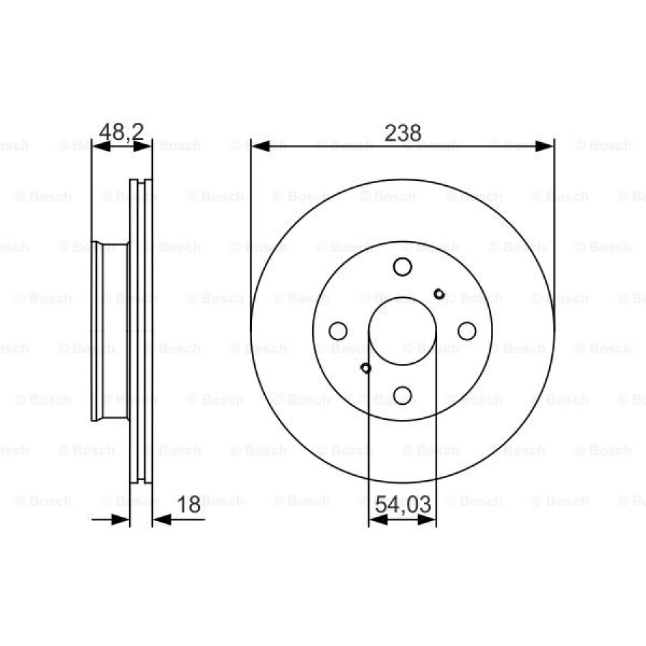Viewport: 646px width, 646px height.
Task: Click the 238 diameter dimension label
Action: pos(403,133)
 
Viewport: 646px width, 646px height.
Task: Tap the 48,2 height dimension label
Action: pos(121,132)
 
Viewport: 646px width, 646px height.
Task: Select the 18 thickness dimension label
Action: pos(189,505)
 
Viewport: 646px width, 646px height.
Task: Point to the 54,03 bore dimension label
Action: pos(403,505)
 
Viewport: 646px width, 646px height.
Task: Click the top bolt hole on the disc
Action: pos(403,266)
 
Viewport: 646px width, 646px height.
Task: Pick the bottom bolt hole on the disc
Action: pos(403,395)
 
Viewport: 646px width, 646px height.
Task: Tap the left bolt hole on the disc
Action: pos(338,331)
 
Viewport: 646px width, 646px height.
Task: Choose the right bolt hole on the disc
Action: pos(467,331)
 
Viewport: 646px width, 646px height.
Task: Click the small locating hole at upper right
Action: pos(439,294)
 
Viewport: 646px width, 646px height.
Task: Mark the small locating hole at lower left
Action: pos(366,368)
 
